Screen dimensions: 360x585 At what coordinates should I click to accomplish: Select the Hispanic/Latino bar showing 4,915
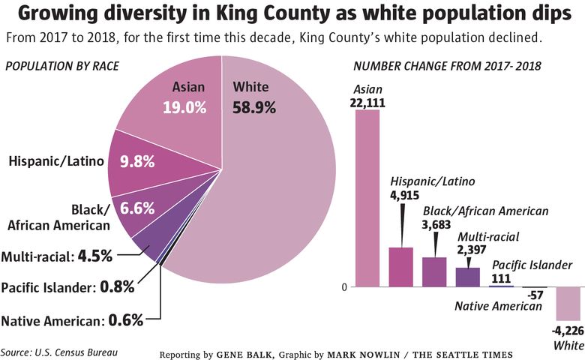point(400,267)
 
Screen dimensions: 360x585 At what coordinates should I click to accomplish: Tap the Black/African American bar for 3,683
point(434,272)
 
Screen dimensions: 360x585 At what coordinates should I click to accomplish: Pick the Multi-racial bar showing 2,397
point(467,277)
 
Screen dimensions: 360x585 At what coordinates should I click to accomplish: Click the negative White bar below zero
point(568,303)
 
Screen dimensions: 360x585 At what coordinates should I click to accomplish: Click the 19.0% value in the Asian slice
point(184,107)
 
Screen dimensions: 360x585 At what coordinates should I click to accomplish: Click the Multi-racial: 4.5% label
point(57,256)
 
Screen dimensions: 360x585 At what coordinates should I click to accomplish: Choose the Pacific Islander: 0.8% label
point(67,286)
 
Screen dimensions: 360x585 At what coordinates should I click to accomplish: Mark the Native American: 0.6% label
point(72,321)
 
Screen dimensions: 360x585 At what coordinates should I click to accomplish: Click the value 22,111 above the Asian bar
point(367,102)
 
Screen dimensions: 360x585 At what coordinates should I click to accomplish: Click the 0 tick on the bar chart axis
point(344,287)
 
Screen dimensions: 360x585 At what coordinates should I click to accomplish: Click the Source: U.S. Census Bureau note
point(59,351)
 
